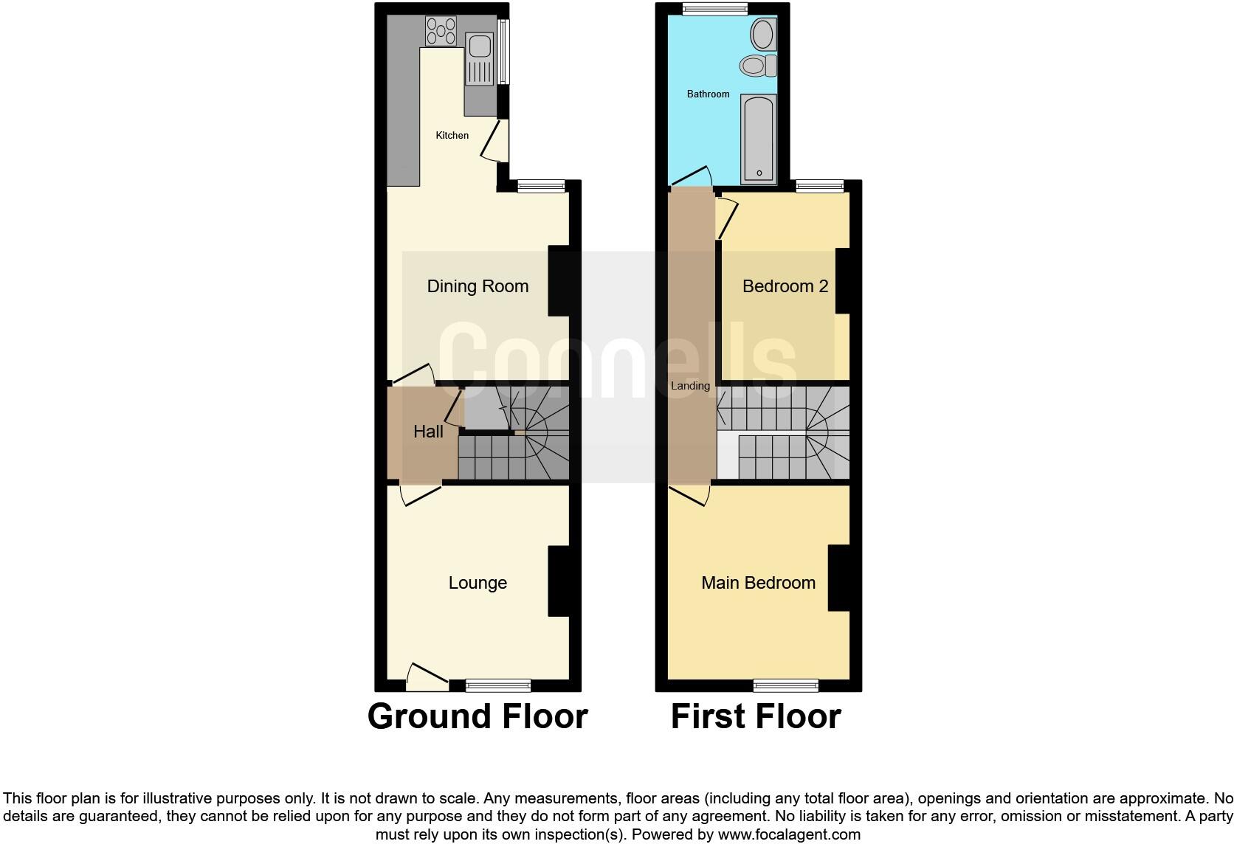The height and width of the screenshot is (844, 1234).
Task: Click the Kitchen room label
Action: (x=452, y=135)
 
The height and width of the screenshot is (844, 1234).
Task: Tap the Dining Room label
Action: (x=478, y=286)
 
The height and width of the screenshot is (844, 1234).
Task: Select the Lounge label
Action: (x=478, y=583)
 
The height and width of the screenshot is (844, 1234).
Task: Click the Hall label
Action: (x=428, y=432)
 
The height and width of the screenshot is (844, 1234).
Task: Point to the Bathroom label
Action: (x=708, y=94)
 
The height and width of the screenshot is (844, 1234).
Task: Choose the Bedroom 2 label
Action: (x=785, y=286)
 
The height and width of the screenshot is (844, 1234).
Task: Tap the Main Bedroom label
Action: (x=758, y=583)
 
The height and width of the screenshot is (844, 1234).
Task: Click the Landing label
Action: (x=690, y=386)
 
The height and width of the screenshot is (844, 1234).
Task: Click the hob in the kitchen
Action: (x=441, y=31)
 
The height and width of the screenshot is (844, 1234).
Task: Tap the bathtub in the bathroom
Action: (x=758, y=139)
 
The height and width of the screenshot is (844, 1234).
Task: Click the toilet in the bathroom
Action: (x=757, y=66)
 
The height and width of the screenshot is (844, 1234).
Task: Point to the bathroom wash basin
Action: (x=762, y=34)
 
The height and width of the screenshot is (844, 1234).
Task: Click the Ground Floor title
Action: (x=478, y=716)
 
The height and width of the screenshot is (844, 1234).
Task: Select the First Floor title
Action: (x=756, y=716)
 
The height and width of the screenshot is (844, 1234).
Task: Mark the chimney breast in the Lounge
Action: (x=559, y=581)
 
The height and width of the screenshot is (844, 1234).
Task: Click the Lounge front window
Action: (x=498, y=685)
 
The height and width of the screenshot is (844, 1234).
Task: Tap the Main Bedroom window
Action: (x=785, y=685)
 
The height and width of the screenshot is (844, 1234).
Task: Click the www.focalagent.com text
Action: (x=789, y=834)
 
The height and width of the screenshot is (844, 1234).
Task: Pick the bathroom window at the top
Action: (x=714, y=9)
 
